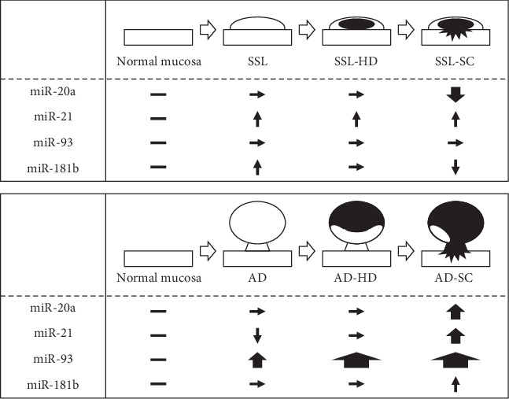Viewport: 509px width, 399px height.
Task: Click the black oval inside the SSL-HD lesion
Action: [x=356, y=24]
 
